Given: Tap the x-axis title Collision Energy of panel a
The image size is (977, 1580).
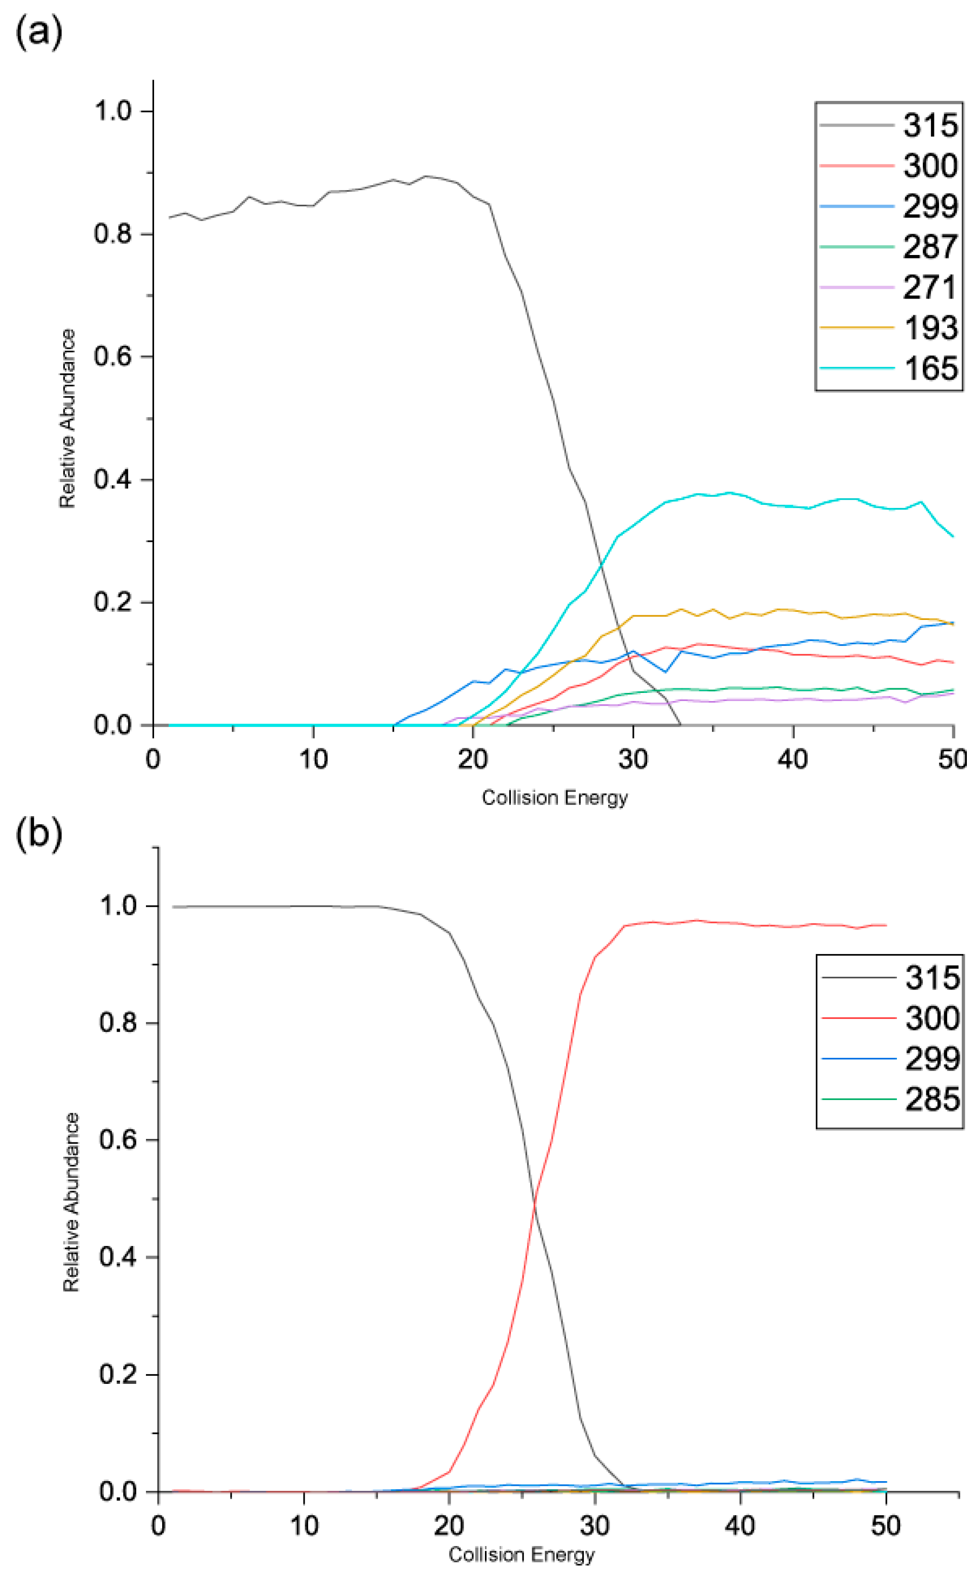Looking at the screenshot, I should tap(554, 798).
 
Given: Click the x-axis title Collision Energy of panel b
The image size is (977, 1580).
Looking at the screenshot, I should tap(521, 1554).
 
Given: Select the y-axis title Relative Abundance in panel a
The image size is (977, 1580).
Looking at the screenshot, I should tap(68, 419).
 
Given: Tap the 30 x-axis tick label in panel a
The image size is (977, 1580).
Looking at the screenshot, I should tap(632, 759).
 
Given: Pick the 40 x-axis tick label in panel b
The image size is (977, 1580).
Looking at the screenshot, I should tap(740, 1526).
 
